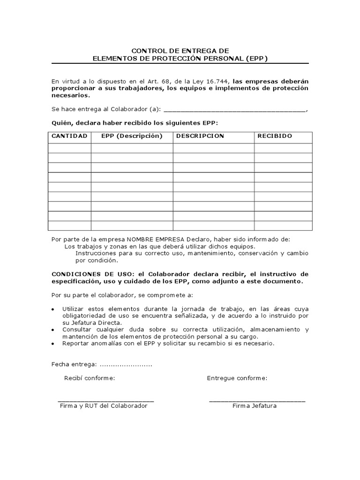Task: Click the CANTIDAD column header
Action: pyautogui.click(x=69, y=136)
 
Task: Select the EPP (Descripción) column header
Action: pyautogui.click(x=132, y=136)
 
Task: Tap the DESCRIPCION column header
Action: pyautogui.click(x=200, y=136)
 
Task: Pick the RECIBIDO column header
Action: pyautogui.click(x=275, y=136)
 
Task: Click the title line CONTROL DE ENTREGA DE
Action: pyautogui.click(x=180, y=50)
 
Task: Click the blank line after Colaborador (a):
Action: pyautogui.click(x=234, y=111)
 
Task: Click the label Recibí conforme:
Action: pyautogui.click(x=90, y=378)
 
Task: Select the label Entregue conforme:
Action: pyautogui.click(x=237, y=378)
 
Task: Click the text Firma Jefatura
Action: pyautogui.click(x=255, y=406)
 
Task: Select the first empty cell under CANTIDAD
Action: pyautogui.click(x=69, y=148)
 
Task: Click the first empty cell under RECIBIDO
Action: pyautogui.click(x=283, y=148)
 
